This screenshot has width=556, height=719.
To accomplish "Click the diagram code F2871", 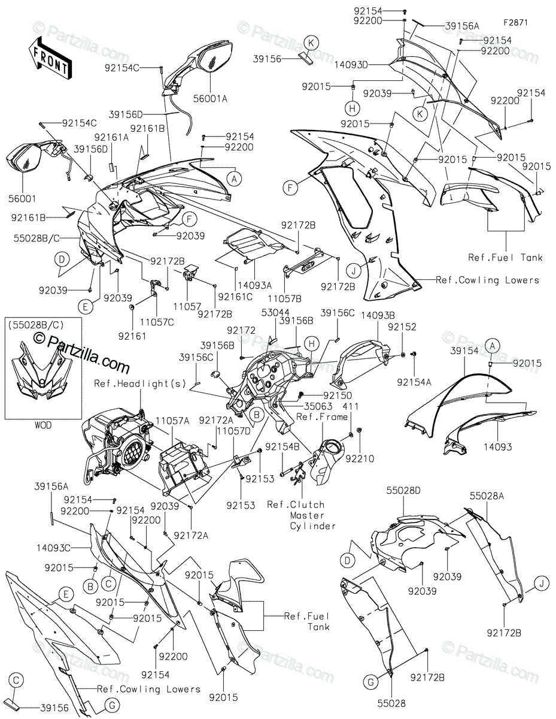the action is pyautogui.click(x=516, y=23).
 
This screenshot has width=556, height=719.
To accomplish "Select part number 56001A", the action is pyautogui.click(x=211, y=99).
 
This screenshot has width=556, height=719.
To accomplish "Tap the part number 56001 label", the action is pyautogui.click(x=23, y=198).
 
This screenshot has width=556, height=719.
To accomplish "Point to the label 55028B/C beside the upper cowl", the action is pyautogui.click(x=37, y=238).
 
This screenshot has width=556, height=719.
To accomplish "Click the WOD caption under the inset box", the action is pyautogui.click(x=43, y=425).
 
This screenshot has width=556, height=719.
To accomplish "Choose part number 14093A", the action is pyautogui.click(x=255, y=285).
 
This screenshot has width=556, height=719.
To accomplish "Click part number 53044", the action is pyautogui.click(x=275, y=312).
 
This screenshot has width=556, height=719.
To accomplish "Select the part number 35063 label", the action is pyautogui.click(x=318, y=406).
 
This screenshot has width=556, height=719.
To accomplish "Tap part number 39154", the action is pyautogui.click(x=464, y=351).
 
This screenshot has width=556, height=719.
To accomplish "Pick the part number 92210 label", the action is pyautogui.click(x=360, y=458).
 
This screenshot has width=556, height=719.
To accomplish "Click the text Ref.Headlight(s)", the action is pyautogui.click(x=141, y=383).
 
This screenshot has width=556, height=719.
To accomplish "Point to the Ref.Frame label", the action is pyautogui.click(x=322, y=416).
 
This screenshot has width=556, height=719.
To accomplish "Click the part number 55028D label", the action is pyautogui.click(x=404, y=490).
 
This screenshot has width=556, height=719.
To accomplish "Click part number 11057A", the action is pyautogui.click(x=172, y=421).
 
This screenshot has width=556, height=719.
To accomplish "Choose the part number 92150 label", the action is pyautogui.click(x=338, y=395).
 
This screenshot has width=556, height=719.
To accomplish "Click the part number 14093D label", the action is pyautogui.click(x=351, y=65).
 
